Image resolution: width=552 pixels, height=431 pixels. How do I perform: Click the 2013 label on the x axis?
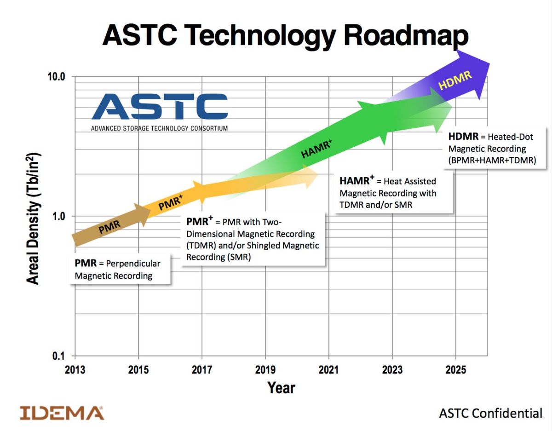point(75,370)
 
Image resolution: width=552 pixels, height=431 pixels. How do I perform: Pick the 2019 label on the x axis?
point(265,370)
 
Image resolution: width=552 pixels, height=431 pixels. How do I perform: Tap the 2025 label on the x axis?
point(455,370)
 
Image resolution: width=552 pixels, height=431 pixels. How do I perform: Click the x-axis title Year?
point(281,388)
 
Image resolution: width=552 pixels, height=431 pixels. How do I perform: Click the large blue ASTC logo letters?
point(159,107)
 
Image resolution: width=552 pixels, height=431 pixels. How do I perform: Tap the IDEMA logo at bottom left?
point(62,413)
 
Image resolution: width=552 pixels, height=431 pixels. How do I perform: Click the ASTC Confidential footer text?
point(491,413)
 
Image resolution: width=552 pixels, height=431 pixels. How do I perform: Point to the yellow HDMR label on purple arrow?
point(455,80)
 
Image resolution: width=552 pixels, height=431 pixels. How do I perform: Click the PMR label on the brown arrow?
point(109,227)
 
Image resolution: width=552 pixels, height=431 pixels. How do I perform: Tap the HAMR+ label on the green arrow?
point(316,149)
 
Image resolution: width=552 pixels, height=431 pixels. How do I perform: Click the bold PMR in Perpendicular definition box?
point(86,264)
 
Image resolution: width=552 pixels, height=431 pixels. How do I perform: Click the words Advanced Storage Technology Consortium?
point(159,128)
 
